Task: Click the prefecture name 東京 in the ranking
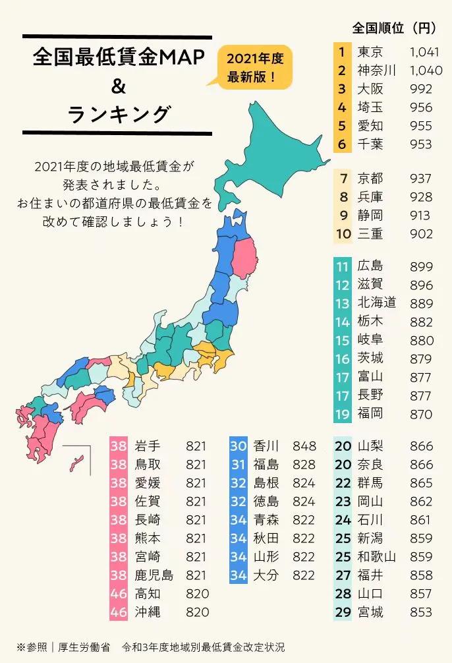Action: click(370, 52)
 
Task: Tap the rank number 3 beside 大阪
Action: click(341, 89)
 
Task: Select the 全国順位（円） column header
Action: click(394, 28)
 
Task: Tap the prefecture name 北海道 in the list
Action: click(377, 303)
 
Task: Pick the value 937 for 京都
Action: click(420, 179)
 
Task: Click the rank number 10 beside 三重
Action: click(343, 234)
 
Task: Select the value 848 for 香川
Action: click(304, 446)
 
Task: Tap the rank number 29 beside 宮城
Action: click(343, 612)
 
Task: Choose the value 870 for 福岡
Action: click(420, 415)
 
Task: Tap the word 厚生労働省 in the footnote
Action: click(80, 647)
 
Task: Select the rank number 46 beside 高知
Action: click(119, 593)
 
